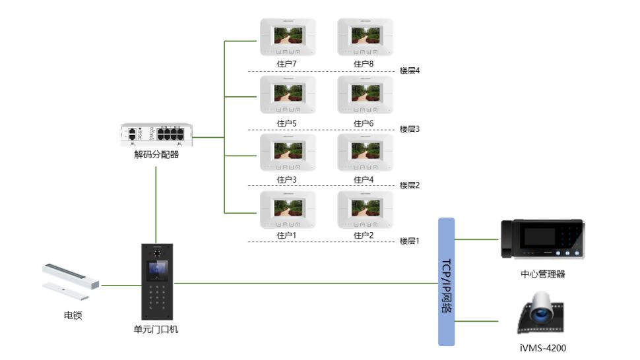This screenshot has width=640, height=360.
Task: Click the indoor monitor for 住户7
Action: [x=288, y=37]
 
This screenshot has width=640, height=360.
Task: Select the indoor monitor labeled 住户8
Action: [x=366, y=37]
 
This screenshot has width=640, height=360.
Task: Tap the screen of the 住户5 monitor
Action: [x=288, y=94]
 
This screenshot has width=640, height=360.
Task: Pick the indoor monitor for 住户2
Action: [x=366, y=210]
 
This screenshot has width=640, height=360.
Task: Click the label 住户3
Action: [x=286, y=179]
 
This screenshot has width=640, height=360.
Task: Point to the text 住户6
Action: [x=364, y=123]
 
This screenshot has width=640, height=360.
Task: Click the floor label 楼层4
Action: [x=409, y=71]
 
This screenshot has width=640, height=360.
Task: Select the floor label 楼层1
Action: [x=409, y=241]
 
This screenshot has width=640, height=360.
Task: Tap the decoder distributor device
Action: [x=156, y=134]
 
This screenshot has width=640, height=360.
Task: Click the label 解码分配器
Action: [x=156, y=154]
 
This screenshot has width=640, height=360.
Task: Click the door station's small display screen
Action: [x=157, y=270]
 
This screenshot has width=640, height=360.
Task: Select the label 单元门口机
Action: [x=156, y=330]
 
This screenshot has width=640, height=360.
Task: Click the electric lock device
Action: [x=71, y=282]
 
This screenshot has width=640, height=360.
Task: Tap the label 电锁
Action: [x=73, y=315]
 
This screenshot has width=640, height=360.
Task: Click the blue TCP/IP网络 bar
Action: [x=446, y=282]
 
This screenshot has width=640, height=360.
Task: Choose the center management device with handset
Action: [x=543, y=239]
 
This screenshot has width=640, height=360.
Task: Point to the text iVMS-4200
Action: [x=543, y=348]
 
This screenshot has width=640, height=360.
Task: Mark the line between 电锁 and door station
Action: [x=121, y=285]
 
